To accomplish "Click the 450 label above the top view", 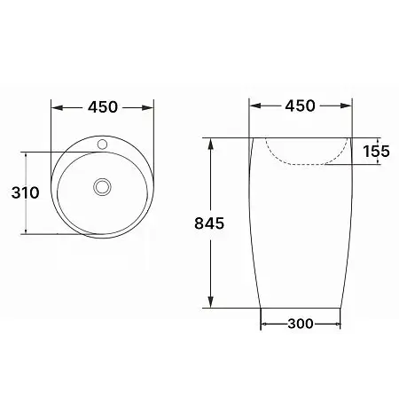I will [103, 107].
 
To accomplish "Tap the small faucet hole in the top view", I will [103, 142].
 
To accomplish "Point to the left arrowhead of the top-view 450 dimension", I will [56, 107].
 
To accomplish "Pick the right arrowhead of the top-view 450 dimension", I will [151, 107].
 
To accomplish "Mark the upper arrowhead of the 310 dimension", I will [27, 155].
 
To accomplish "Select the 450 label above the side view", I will [300, 107].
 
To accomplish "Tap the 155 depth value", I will [374, 152].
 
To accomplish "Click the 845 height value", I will [209, 223].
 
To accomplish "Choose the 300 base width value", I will [301, 324].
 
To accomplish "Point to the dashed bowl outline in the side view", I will [301, 163].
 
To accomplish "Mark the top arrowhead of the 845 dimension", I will [210, 143].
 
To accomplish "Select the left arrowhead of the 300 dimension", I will [264, 324].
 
